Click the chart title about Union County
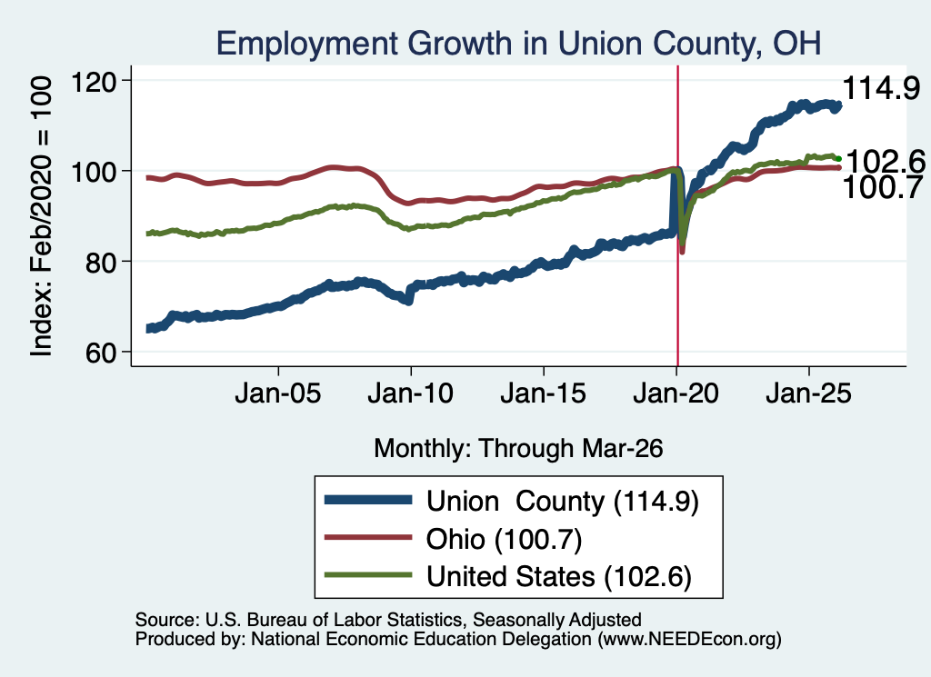518,44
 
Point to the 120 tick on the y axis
94,81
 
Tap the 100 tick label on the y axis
94,172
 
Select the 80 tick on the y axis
101,263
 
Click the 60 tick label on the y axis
101,353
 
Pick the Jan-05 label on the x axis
278,393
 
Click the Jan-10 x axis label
410,393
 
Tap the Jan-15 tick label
544,393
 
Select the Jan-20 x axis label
676,393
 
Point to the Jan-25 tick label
808,393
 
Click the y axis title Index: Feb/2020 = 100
42,216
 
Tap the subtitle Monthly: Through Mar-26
518,449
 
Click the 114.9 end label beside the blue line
881,88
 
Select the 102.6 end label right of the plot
886,162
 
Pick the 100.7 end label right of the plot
882,187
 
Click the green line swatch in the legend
368,575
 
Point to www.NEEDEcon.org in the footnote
689,639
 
